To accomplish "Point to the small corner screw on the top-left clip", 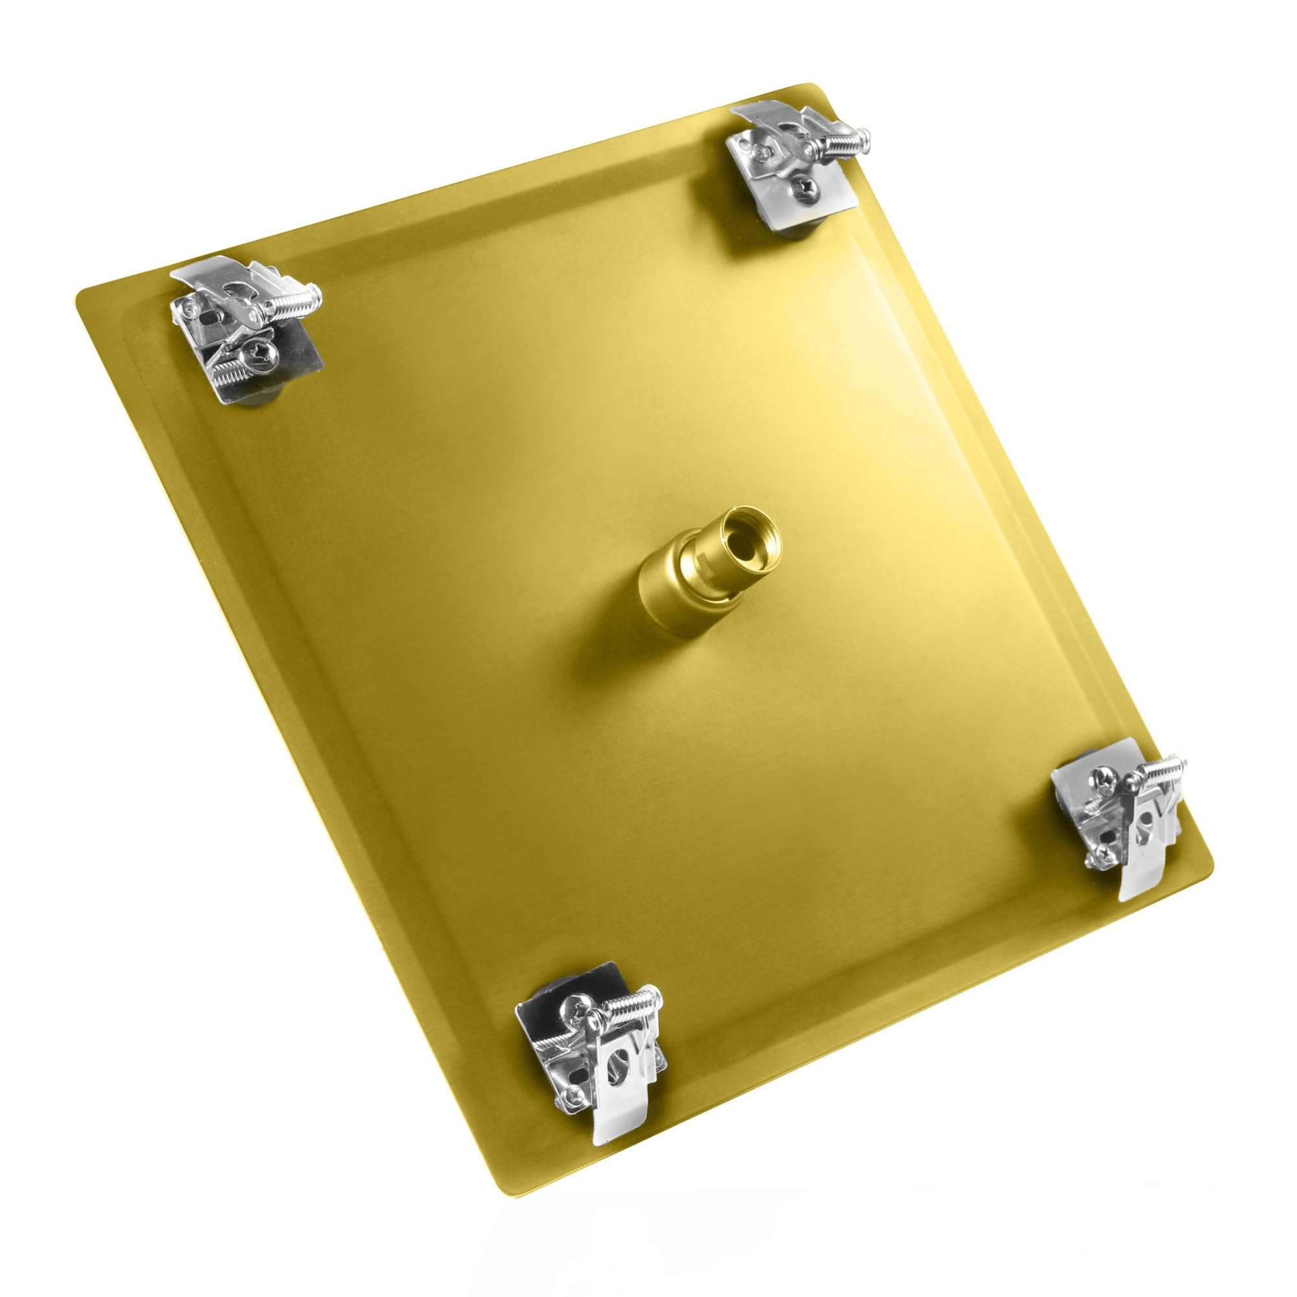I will pos(191,309).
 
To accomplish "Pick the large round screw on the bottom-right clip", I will pos(1102,779).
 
